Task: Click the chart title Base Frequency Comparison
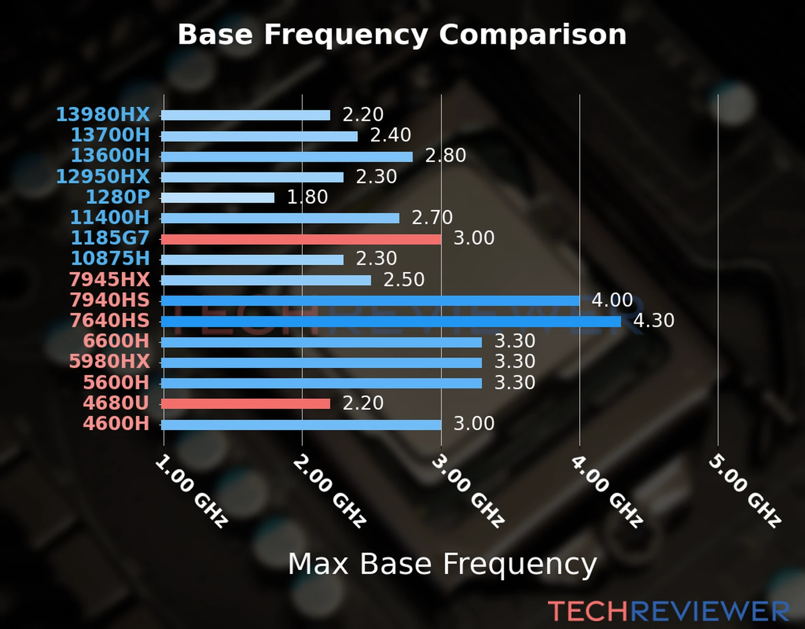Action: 402,35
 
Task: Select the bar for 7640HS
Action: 390,321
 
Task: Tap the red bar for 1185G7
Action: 301,240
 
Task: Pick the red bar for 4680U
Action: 245,404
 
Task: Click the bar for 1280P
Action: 217,198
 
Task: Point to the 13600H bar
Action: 287,157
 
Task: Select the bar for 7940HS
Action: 370,301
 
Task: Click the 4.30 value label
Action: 654,320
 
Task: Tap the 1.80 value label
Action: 307,197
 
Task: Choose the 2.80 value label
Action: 445,156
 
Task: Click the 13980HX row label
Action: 103,114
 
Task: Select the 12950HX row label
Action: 103,176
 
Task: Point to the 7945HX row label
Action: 110,279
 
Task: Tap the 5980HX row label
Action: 110,361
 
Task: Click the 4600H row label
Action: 116,423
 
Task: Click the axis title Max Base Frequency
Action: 442,564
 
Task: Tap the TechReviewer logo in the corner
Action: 668,611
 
